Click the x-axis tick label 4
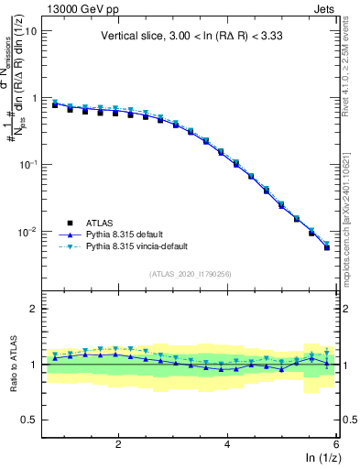pos(227,443)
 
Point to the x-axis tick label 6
pos(335,443)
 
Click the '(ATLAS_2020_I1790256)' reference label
pos(190,273)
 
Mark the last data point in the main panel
pos(327,247)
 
